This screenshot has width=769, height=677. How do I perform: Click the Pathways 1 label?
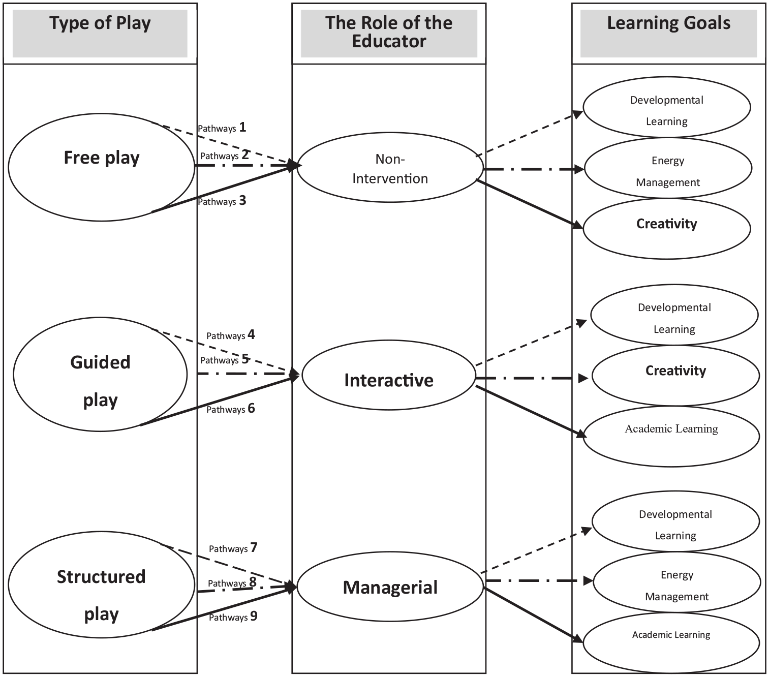coord(222,128)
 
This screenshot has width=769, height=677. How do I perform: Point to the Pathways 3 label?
coord(222,201)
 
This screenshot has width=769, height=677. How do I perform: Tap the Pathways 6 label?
coord(231,409)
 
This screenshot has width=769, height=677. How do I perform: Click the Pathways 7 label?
coord(233,548)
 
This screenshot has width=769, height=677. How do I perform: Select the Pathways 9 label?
coord(233,617)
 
